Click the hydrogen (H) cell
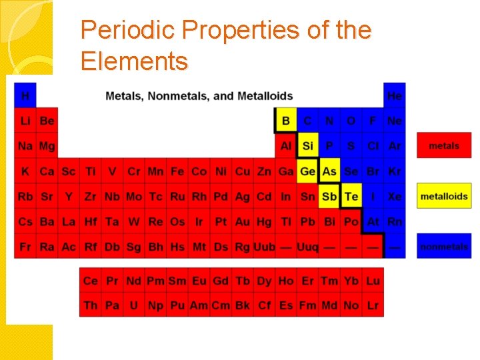25,95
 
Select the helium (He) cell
395,95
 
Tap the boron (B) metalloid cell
286,121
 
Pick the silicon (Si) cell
307,146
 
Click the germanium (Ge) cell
307,171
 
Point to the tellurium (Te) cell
351,197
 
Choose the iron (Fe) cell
177,171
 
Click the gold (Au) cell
243,222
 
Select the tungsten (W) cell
134,222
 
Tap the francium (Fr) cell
25,247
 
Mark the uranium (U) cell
134,305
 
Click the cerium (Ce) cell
91,281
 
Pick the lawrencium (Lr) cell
373,305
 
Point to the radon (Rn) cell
395,222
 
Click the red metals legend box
444,145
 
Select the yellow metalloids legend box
444,196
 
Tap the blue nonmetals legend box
444,247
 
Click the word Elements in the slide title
134,61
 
